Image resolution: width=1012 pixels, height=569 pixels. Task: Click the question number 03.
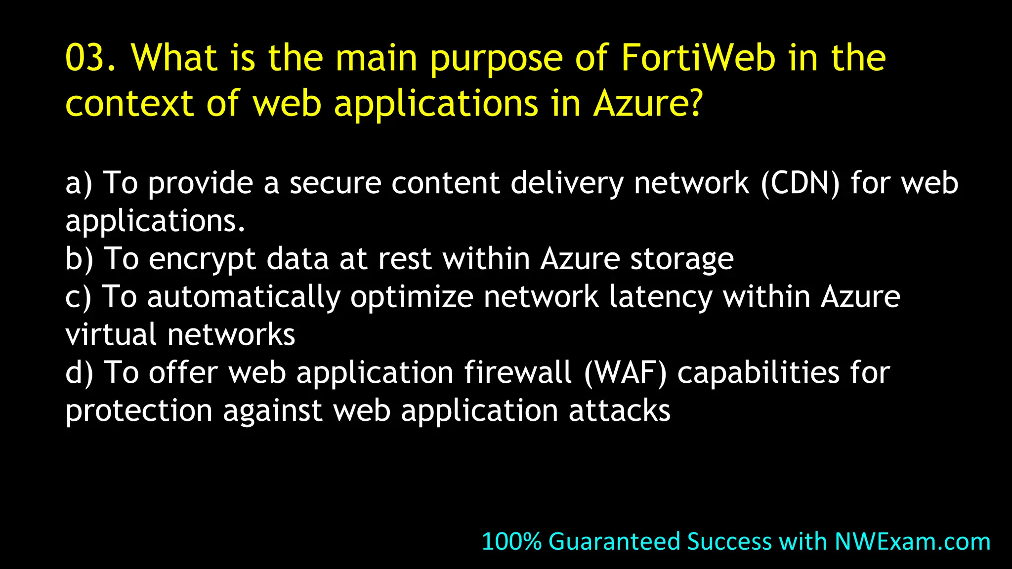point(90,58)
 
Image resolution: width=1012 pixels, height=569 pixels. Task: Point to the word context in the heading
point(129,104)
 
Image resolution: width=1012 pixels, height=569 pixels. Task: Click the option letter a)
point(79,183)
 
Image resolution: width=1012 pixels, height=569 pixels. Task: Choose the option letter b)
point(79,259)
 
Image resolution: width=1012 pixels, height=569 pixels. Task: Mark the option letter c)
point(78,297)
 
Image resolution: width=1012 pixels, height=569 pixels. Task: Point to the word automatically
point(244,298)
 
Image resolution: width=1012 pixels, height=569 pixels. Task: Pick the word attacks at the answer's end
point(619,410)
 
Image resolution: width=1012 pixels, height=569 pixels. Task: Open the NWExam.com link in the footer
point(912,541)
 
